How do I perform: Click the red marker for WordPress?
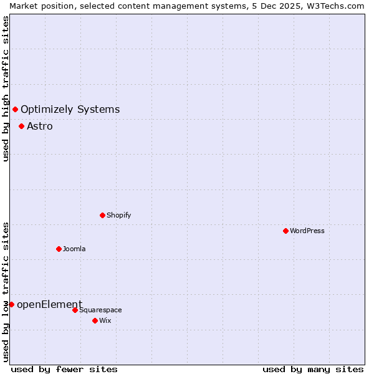click(285, 231)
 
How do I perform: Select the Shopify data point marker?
click(102, 215)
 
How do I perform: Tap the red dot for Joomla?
click(59, 249)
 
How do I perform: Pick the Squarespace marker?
click(75, 310)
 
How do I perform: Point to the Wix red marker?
click(95, 320)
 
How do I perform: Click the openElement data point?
click(11, 304)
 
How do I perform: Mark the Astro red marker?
click(21, 126)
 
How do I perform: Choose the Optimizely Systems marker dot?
click(15, 110)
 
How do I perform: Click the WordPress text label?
click(307, 231)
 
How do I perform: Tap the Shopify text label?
click(118, 215)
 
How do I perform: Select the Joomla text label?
click(74, 249)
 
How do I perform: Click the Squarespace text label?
click(100, 310)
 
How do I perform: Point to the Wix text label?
click(105, 320)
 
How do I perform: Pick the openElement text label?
click(49, 304)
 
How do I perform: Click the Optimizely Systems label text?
click(70, 110)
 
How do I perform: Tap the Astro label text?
click(40, 126)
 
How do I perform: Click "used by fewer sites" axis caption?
click(64, 369)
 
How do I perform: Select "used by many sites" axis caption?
click(313, 369)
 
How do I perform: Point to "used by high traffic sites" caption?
click(6, 89)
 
